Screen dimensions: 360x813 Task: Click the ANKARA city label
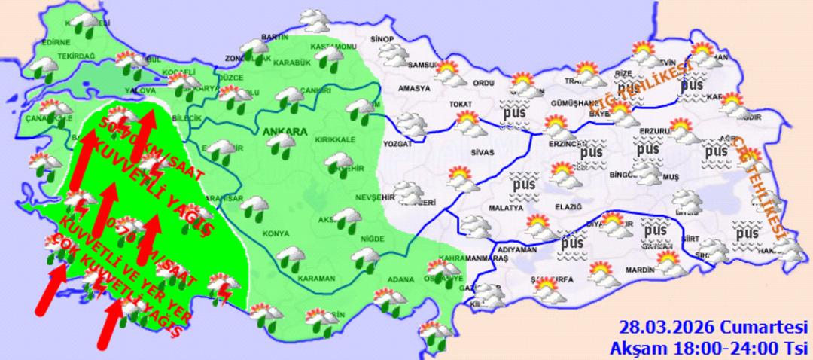pos(285,132)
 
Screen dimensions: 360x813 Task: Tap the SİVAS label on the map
pos(483,152)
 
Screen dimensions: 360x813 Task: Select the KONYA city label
pos(275,233)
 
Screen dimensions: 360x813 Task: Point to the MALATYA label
pos(505,207)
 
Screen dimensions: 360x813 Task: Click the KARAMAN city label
pos(316,278)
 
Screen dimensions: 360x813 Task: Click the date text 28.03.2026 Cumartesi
pos(712,328)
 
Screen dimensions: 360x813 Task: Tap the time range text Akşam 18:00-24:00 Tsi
pos(708,347)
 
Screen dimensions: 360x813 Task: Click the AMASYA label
pos(413,88)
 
